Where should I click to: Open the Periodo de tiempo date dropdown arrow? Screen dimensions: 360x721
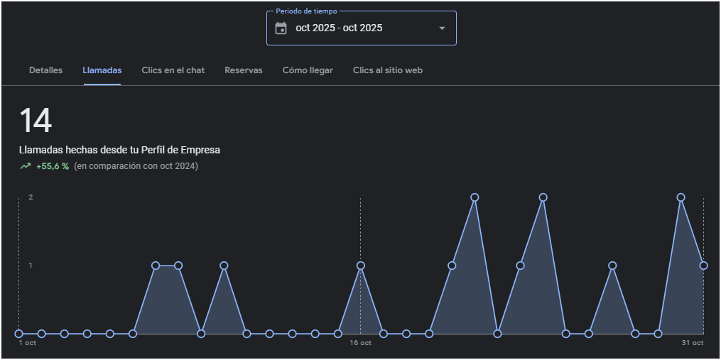(442, 28)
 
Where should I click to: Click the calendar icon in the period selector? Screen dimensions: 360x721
(281, 28)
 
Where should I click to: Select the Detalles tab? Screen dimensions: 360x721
(45, 70)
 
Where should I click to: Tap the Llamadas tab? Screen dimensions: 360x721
(102, 70)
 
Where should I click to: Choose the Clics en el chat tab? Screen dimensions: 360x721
(173, 70)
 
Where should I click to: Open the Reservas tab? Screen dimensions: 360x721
(244, 70)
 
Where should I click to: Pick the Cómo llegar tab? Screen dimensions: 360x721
(308, 70)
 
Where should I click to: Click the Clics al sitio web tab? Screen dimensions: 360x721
(388, 70)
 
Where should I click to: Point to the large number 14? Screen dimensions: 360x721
(36, 121)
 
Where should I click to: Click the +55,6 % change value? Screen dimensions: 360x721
(53, 166)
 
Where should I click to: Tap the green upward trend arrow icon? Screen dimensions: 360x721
(26, 166)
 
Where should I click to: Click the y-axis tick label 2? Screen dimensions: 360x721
(31, 197)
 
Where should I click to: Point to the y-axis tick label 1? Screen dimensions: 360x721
(31, 266)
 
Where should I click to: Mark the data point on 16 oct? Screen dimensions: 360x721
(361, 266)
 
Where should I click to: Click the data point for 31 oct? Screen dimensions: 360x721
(703, 266)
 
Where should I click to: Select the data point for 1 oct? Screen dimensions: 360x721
(19, 333)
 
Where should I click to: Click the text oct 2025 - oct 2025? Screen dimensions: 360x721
(339, 28)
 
